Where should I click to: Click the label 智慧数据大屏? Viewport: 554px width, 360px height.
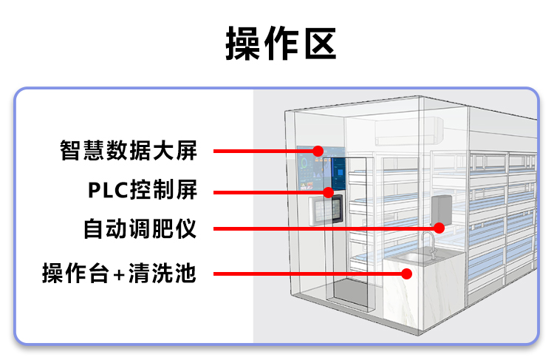pyautogui.click(x=129, y=151)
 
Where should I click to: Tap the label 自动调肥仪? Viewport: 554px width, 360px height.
pyautogui.click(x=140, y=228)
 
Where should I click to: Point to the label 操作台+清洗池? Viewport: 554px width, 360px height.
pyautogui.click(x=119, y=274)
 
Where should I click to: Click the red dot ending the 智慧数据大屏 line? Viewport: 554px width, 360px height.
pyautogui.click(x=318, y=151)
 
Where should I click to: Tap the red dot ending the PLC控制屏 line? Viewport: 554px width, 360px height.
pyautogui.click(x=329, y=192)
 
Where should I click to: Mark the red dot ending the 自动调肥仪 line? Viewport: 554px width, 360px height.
pyautogui.click(x=439, y=228)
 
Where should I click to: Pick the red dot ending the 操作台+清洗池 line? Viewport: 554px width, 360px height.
pyautogui.click(x=407, y=274)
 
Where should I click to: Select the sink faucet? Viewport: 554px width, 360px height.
pyautogui.click(x=428, y=241)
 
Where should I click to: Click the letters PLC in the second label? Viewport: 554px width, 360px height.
pyautogui.click(x=108, y=190)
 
